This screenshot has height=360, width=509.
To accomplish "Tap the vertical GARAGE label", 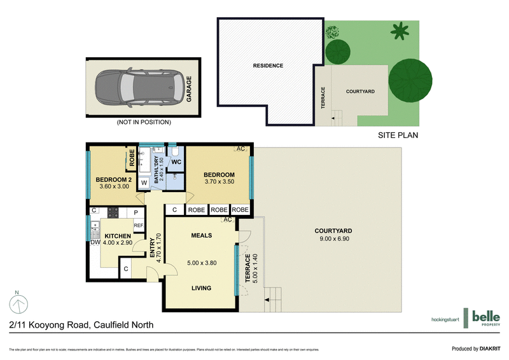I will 190,89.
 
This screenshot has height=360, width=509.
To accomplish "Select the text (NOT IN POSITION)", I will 144,122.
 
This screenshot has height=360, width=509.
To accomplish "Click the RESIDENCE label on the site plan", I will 268,66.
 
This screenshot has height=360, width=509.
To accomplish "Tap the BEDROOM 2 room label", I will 112,180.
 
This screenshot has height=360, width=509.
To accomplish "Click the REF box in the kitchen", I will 138,225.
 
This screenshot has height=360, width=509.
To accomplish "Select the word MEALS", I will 202,235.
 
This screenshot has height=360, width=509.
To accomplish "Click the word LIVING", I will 202,288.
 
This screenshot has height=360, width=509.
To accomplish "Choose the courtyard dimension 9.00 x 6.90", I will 333,239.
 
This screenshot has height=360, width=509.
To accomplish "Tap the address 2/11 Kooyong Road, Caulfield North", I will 81,325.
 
